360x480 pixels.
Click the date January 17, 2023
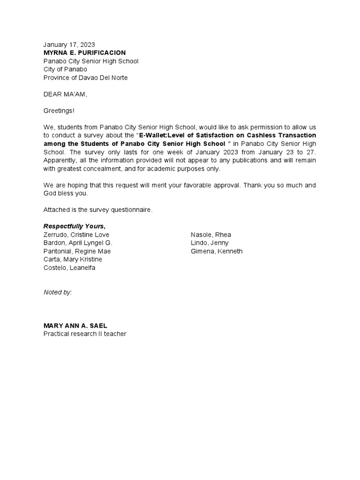coord(69,45)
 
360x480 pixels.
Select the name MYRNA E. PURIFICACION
coord(84,52)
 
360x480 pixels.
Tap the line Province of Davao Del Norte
coord(85,78)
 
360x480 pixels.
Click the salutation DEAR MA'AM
coord(65,94)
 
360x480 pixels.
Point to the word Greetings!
coord(59,111)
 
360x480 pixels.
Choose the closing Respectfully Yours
coord(75,226)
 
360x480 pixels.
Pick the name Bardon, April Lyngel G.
coord(78,243)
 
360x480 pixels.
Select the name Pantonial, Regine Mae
coord(77,251)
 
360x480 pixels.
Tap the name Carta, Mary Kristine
coord(73,259)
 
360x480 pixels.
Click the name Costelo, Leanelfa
coord(69,268)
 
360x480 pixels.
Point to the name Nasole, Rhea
coord(210,234)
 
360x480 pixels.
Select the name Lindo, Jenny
coord(210,243)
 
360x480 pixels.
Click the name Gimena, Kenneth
coord(217,251)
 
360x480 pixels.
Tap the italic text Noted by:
coord(58,292)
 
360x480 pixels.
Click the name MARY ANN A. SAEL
coord(78,325)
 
